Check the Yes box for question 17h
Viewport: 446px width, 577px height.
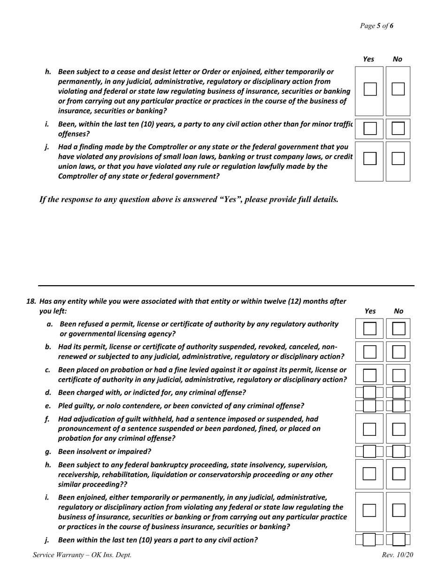click(x=370, y=89)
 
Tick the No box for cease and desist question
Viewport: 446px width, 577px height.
click(x=398, y=89)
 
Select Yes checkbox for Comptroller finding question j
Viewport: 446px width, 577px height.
click(x=370, y=159)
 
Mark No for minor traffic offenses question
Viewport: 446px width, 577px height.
click(x=398, y=129)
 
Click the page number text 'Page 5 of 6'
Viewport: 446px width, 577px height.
click(x=377, y=26)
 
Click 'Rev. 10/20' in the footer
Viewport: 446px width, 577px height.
click(x=398, y=555)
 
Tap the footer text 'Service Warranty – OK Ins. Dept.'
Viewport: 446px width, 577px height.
click(x=82, y=555)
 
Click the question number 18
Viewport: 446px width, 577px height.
click(x=31, y=301)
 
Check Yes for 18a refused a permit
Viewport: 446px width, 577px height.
click(x=370, y=328)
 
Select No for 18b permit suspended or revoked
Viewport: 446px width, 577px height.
click(x=399, y=351)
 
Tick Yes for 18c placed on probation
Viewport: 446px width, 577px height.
click(x=370, y=375)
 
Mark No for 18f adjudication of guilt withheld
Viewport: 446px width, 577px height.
click(x=399, y=429)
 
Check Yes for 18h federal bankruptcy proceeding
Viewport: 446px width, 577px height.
click(x=370, y=474)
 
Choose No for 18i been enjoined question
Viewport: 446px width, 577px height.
click(x=399, y=510)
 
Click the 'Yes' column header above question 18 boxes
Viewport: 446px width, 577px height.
click(x=370, y=311)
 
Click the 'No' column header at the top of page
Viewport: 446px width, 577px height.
click(x=397, y=59)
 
